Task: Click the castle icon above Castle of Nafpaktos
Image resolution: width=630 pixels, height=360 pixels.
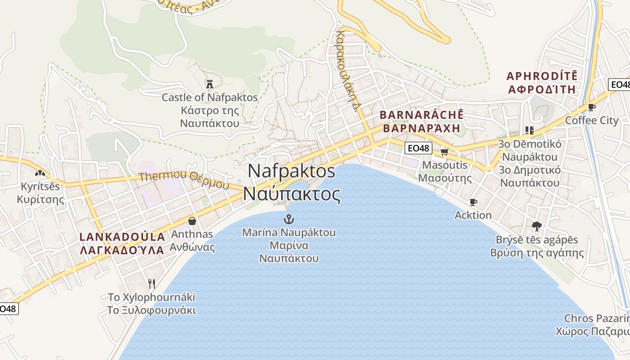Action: pyautogui.click(x=209, y=84)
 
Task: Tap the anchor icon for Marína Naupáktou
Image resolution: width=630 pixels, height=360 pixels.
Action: pyautogui.click(x=289, y=220)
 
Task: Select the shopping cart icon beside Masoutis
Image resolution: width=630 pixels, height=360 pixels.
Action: pyautogui.click(x=445, y=152)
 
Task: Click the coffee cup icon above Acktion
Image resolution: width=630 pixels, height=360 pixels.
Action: pyautogui.click(x=473, y=202)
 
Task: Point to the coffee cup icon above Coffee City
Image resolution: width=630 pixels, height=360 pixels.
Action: pyautogui.click(x=591, y=107)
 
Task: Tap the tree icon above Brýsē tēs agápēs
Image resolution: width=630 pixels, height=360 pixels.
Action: pyautogui.click(x=536, y=226)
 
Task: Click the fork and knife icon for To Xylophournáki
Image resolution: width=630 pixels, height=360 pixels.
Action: pyautogui.click(x=152, y=283)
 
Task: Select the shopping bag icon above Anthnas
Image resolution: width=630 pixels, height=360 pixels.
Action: pyautogui.click(x=192, y=220)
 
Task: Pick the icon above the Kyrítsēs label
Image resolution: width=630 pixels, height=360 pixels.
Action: pyautogui.click(x=40, y=173)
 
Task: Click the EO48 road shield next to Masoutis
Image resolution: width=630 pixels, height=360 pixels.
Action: pyautogui.click(x=418, y=148)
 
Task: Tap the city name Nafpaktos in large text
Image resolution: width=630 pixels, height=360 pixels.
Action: pyautogui.click(x=292, y=171)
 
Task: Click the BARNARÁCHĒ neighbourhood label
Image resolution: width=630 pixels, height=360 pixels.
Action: pyautogui.click(x=421, y=115)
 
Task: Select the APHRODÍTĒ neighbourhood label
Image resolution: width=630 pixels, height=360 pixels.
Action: pyautogui.click(x=542, y=76)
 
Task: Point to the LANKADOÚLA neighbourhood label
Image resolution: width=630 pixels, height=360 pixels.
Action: pyautogui.click(x=122, y=237)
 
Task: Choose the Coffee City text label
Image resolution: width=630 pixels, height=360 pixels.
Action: pyautogui.click(x=592, y=120)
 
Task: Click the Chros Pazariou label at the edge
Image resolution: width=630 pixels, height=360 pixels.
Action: pyautogui.click(x=596, y=319)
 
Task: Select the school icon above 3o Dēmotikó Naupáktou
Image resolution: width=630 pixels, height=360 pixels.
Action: pyautogui.click(x=530, y=130)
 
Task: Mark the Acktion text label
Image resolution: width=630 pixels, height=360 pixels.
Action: pyautogui.click(x=473, y=215)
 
